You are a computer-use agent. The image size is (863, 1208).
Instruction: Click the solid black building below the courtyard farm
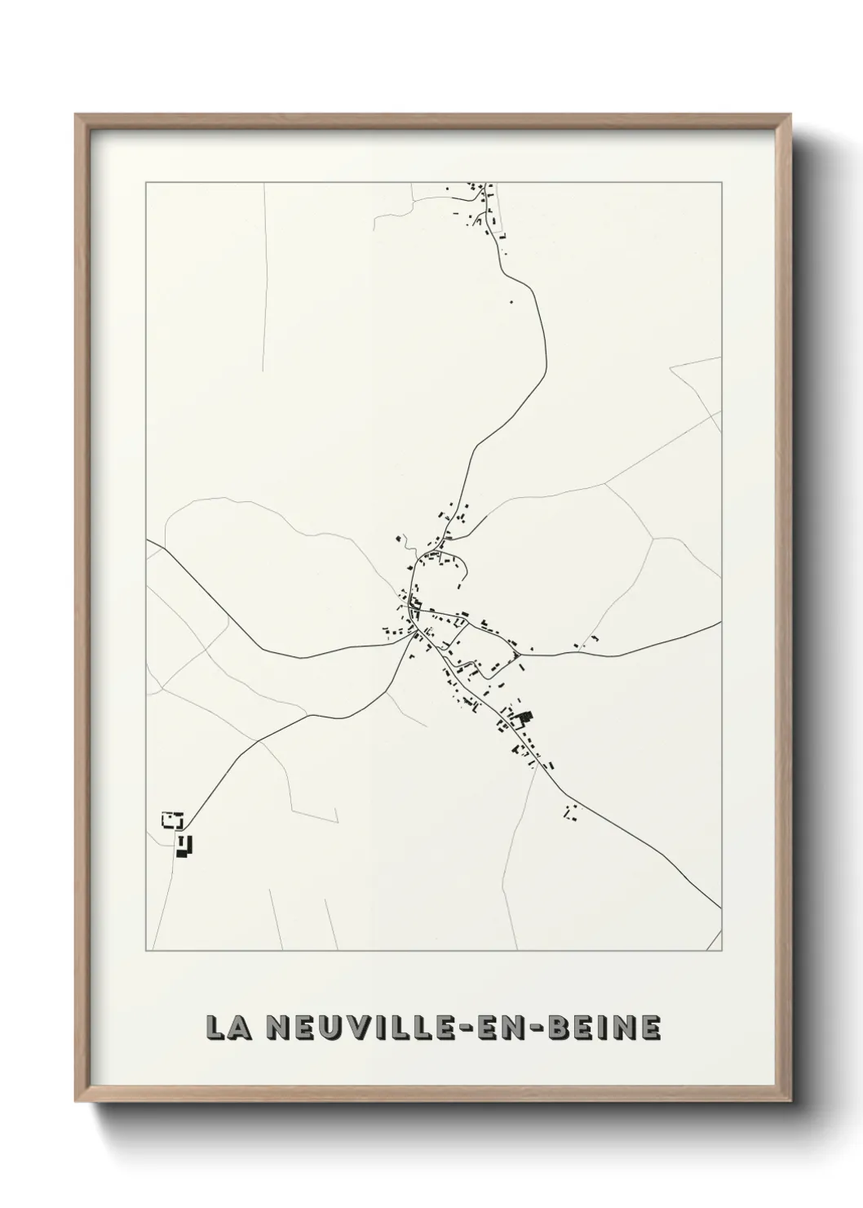185,846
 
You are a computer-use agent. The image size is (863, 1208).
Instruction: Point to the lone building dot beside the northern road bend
511,301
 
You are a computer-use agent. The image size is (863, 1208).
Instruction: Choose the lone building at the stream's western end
399,538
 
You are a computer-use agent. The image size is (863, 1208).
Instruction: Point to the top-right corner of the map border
721,183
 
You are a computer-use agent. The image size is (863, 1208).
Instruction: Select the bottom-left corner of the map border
146,951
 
